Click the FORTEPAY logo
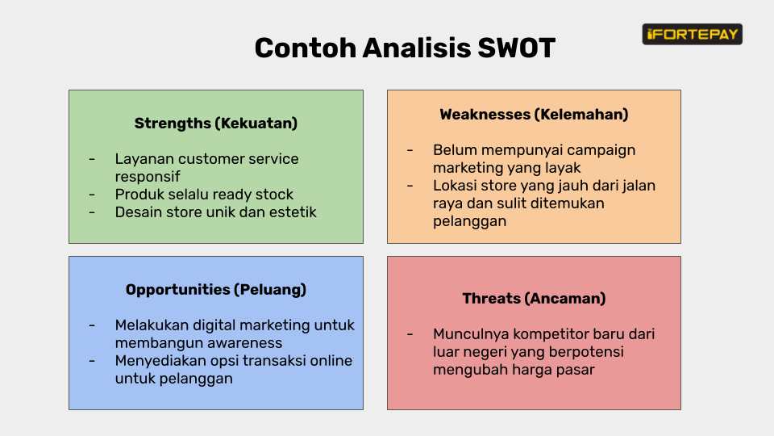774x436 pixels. click(692, 34)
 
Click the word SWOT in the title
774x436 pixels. click(516, 48)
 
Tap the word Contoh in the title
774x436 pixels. click(306, 48)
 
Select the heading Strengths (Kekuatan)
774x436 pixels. click(216, 123)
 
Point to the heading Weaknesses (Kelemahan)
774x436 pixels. click(534, 114)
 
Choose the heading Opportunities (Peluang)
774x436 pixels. click(216, 289)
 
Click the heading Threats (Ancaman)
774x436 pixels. click(534, 298)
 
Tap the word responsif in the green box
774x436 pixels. click(148, 177)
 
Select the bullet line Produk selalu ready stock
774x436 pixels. click(204, 195)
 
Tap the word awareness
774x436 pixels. click(244, 343)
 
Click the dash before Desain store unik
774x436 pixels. click(92, 212)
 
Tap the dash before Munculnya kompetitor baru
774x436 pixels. click(410, 334)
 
